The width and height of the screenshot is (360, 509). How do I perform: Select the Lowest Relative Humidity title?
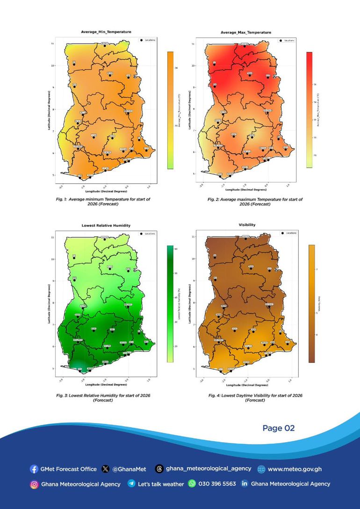[x=106, y=225]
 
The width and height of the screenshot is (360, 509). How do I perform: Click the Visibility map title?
[x=247, y=225]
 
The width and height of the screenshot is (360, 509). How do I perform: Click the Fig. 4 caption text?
[x=255, y=398]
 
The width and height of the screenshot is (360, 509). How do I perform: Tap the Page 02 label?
[x=279, y=428]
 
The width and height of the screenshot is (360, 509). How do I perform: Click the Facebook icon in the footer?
[x=34, y=469]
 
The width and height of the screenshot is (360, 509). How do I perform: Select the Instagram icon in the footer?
[x=34, y=484]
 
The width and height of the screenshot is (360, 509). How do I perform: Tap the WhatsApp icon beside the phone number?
[x=192, y=484]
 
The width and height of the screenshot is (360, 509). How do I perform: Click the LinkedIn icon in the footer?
[x=244, y=484]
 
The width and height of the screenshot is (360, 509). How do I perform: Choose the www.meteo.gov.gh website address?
[x=295, y=469]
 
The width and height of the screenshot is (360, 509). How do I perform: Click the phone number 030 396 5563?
[x=217, y=484]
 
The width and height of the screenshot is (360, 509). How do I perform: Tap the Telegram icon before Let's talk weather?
[x=131, y=484]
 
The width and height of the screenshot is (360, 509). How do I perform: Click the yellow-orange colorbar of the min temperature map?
[x=171, y=109]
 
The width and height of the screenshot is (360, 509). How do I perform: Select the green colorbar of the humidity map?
[x=170, y=303]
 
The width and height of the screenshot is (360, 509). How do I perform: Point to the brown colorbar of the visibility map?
[x=311, y=303]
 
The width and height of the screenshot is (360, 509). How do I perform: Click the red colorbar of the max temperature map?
[x=309, y=109]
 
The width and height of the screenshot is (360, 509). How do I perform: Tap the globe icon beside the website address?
[x=261, y=469]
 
